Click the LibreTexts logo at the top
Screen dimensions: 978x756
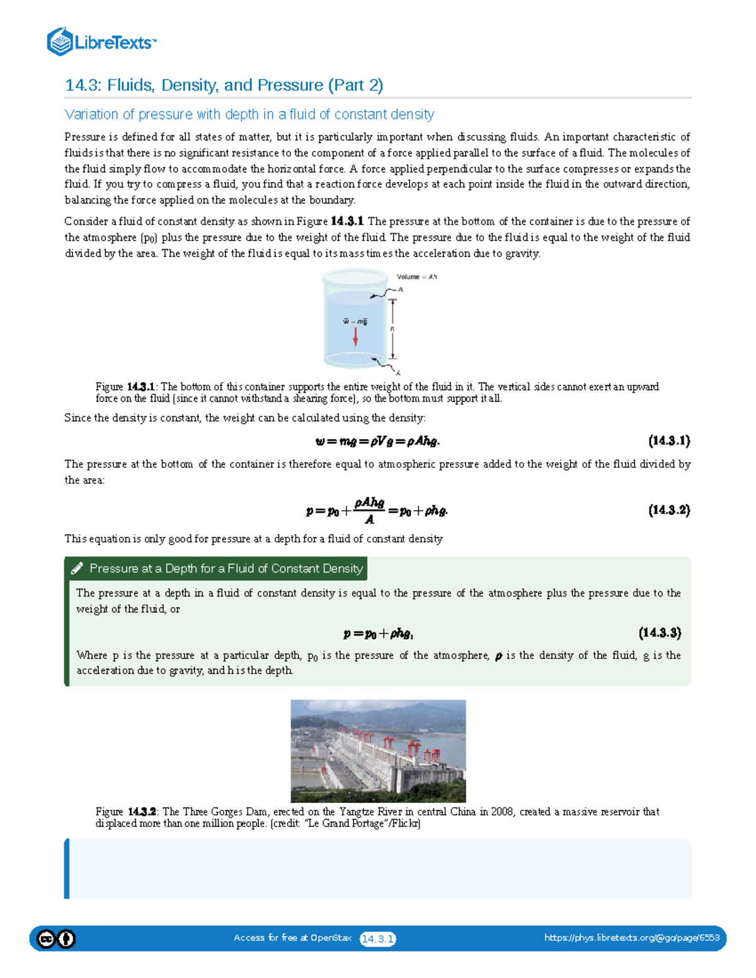[x=101, y=42]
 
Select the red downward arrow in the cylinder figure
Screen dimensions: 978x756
[x=355, y=336]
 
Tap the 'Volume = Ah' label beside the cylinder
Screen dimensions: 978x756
[x=416, y=276]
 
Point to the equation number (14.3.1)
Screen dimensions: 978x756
[x=669, y=441]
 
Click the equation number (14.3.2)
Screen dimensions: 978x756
[x=669, y=510]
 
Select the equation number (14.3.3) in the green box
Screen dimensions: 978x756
[x=660, y=633]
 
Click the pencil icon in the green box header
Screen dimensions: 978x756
[x=77, y=569]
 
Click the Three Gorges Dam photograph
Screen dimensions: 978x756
[x=378, y=751]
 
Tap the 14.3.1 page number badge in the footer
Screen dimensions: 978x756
[x=377, y=939]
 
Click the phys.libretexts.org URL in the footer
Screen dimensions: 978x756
[x=632, y=938]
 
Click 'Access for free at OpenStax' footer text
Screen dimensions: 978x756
[x=292, y=938]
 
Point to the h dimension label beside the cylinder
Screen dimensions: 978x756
[x=392, y=329]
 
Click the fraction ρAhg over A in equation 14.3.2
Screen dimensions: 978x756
[x=369, y=510]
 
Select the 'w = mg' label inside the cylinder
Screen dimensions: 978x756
[x=355, y=322]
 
